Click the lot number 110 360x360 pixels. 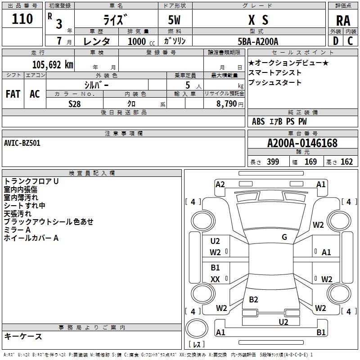(x=22, y=19)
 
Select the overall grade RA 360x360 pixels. (x=343, y=21)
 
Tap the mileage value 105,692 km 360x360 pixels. (x=53, y=65)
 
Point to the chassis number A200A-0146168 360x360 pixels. (x=302, y=143)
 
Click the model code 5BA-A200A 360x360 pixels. (x=258, y=41)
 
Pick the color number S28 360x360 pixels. (x=75, y=104)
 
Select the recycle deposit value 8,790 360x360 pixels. (x=227, y=104)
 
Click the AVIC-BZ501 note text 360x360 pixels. (x=22, y=143)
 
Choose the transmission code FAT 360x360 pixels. (x=13, y=94)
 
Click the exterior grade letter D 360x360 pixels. (x=336, y=41)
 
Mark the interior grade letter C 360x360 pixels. (x=350, y=41)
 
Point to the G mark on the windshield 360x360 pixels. (x=284, y=237)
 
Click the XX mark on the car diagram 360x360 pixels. (x=215, y=279)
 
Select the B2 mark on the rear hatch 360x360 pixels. (x=253, y=299)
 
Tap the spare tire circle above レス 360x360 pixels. (x=197, y=328)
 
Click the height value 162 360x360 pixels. (x=346, y=162)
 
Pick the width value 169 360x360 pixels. (x=310, y=162)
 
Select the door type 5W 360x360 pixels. (x=174, y=20)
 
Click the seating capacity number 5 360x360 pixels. (x=188, y=85)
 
